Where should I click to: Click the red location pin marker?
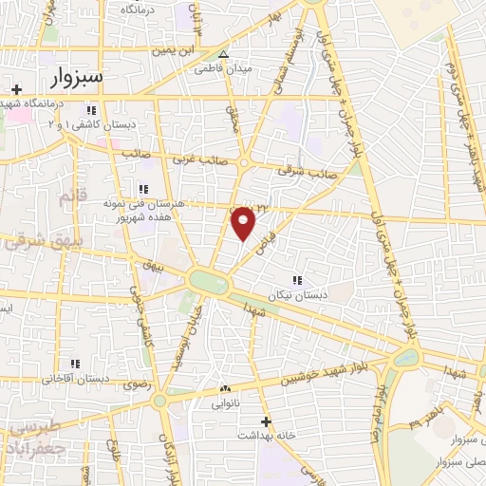(x=244, y=222)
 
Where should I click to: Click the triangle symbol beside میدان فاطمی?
(x=224, y=54)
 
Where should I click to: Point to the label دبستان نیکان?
(x=297, y=295)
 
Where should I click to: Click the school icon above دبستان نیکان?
(x=297, y=280)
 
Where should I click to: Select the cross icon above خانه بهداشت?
(x=266, y=421)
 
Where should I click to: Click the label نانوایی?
(x=224, y=402)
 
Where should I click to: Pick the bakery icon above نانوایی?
(x=225, y=389)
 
